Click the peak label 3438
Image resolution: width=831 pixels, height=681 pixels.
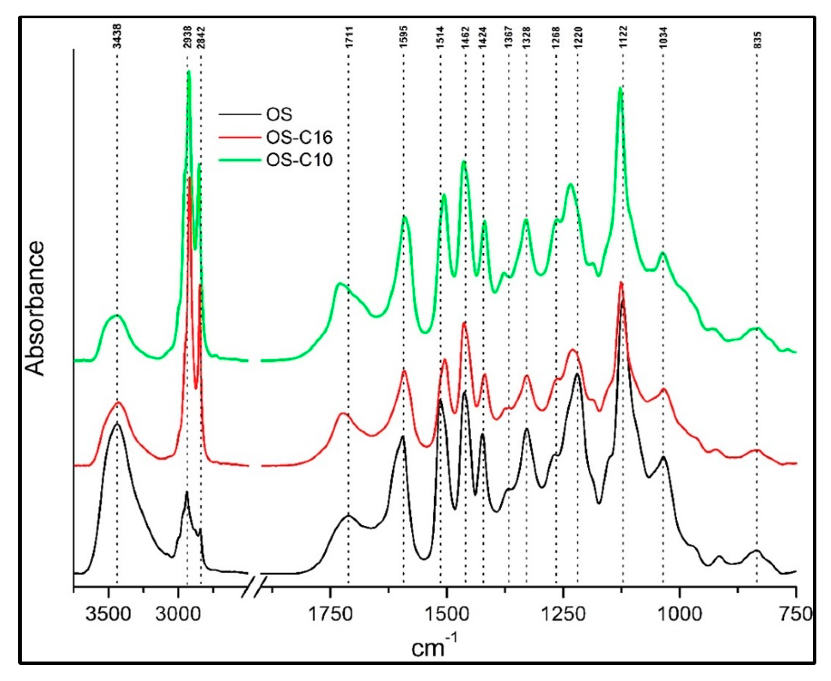pos(117,36)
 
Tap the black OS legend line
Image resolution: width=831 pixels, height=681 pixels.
pos(239,114)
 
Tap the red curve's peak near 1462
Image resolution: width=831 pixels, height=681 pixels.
pos(464,322)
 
